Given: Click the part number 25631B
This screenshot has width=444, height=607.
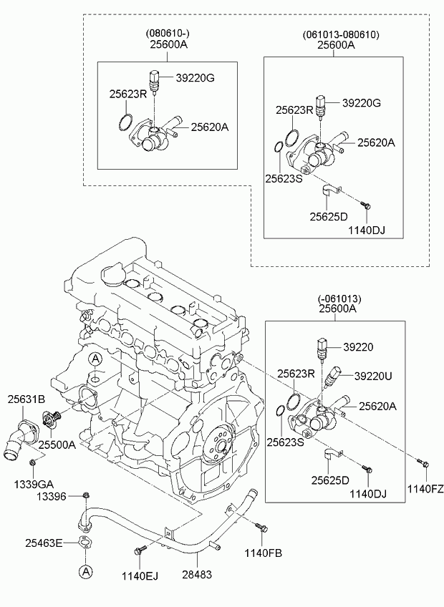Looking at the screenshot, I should tap(26, 399).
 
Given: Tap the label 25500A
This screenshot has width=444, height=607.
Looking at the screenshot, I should tap(57, 445).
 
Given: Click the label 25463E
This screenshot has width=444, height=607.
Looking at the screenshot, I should tap(44, 543).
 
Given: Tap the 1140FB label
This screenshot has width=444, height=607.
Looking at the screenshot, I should tap(263, 552).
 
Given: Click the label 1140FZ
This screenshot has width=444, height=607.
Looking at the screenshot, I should tap(425, 489).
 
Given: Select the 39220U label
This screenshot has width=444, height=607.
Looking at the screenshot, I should tap(373, 374).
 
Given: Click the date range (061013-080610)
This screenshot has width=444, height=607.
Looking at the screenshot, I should tap(341, 34).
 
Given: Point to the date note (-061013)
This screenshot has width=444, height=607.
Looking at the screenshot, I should tap(339, 298).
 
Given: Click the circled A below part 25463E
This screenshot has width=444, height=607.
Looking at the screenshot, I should tap(85, 571).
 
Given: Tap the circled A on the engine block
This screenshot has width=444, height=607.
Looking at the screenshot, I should tap(95, 359).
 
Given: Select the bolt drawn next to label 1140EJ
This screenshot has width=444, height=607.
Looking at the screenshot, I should tap(140, 550).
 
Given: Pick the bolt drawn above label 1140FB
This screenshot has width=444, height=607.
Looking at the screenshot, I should tap(262, 529).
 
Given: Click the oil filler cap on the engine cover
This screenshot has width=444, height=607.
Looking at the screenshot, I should tap(113, 273).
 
